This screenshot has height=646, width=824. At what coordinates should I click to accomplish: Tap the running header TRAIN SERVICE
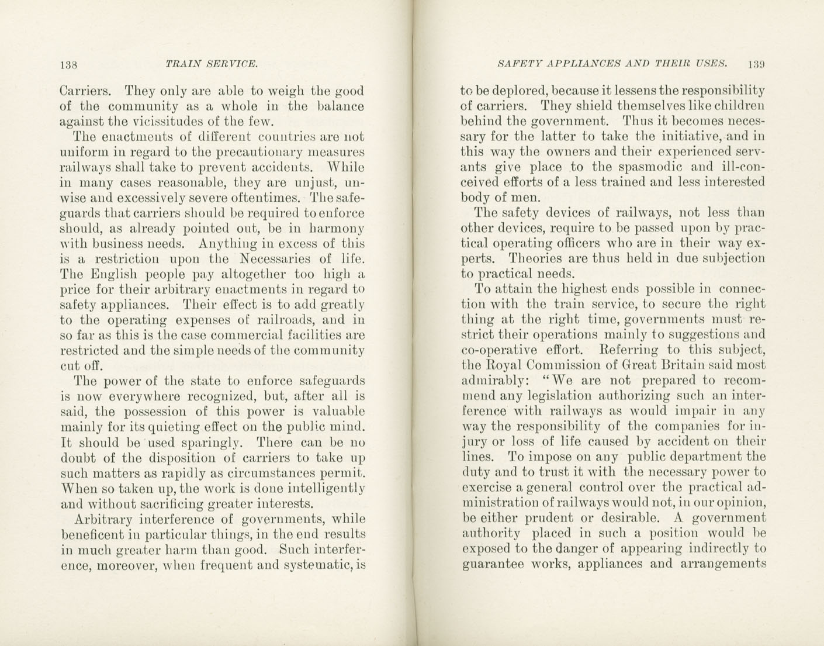click(212, 64)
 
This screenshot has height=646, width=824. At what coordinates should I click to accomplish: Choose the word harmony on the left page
click(335, 228)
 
